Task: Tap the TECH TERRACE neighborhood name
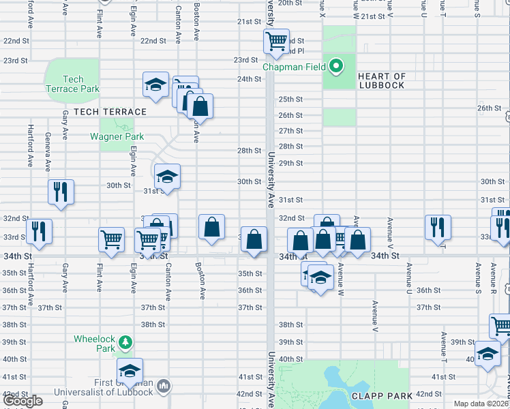point(110,112)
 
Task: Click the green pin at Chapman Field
point(335,66)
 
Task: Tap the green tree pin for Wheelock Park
point(124,342)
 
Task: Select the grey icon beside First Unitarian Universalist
point(163,387)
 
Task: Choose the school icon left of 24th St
point(155,85)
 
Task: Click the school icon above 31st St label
point(167,177)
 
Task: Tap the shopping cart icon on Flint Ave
point(111,239)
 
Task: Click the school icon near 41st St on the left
point(129,371)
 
